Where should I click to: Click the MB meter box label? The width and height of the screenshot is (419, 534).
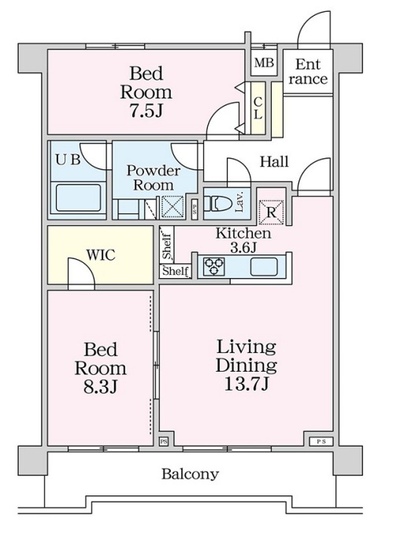click(x=264, y=63)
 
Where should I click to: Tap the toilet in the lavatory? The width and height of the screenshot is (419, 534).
click(x=217, y=204)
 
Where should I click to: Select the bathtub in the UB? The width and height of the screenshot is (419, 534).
click(x=78, y=198)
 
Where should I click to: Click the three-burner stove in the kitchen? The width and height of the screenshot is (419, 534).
click(x=214, y=266)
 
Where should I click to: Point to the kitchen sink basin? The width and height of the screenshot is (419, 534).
click(x=264, y=267)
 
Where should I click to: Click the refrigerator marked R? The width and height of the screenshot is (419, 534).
click(x=271, y=213)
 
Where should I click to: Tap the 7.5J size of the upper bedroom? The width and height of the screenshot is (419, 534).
click(x=146, y=111)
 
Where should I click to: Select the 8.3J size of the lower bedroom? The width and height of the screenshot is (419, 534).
click(x=101, y=387)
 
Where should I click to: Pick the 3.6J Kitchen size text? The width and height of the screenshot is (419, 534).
click(x=243, y=247)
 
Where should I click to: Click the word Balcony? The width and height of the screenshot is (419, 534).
click(x=190, y=474)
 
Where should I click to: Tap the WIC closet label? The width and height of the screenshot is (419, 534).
click(x=101, y=255)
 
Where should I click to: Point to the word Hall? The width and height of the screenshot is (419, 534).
click(x=274, y=161)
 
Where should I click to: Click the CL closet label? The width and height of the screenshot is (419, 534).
click(x=258, y=108)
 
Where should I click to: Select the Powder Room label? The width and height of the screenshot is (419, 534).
click(x=154, y=177)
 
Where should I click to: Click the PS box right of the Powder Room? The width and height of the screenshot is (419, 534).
click(x=195, y=209)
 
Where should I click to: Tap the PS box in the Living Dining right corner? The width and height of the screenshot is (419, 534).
click(x=321, y=442)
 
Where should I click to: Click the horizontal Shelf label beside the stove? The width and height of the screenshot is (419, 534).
click(x=176, y=271)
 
